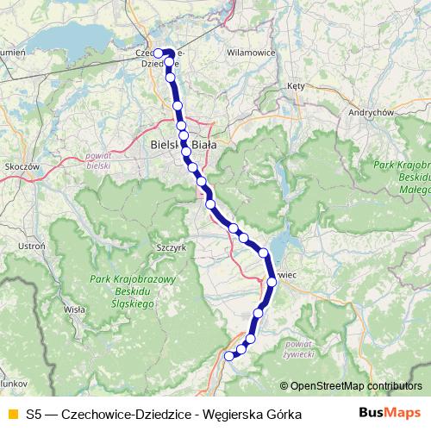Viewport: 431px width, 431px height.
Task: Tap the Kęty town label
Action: tap(297, 86)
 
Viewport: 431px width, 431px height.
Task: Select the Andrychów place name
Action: tap(371, 112)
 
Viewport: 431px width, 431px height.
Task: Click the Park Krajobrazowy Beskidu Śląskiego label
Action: tap(134, 292)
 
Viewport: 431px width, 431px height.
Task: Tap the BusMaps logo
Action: tap(390, 414)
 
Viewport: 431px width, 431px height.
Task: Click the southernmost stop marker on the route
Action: tap(229, 355)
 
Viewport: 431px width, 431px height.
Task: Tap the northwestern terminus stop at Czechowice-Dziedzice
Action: tap(159, 53)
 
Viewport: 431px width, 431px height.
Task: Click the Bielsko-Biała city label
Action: tap(184, 146)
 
